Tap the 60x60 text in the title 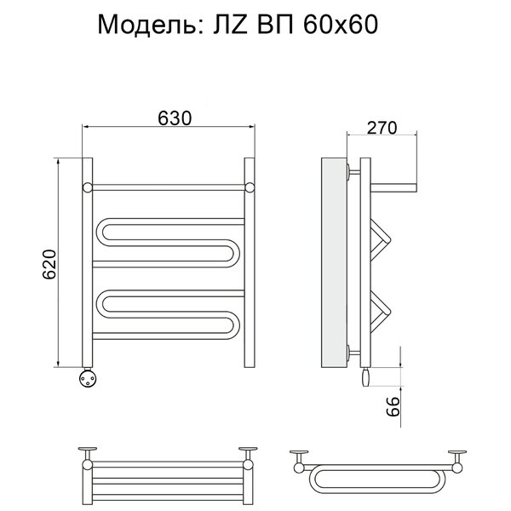340,25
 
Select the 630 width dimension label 175,118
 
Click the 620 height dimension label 50,264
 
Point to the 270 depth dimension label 382,128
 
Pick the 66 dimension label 393,406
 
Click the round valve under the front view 88,378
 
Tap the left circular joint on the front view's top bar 88,187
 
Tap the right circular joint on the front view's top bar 250,187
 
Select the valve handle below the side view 365,377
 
